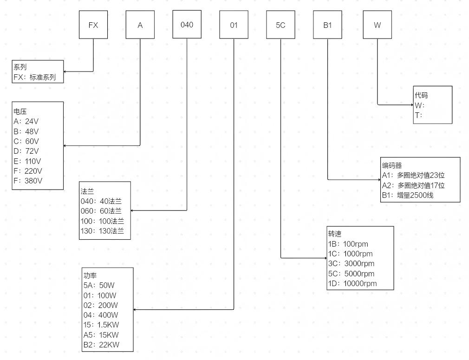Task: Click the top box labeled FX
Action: (93, 25)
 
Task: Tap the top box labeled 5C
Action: (280, 25)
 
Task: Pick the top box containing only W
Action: (377, 25)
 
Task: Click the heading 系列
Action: (20, 67)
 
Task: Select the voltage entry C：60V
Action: (26, 141)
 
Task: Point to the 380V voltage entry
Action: (28, 181)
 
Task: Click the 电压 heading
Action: (20, 111)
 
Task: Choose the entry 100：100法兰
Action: (102, 221)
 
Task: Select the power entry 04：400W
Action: (101, 315)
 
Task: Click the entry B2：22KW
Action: (101, 345)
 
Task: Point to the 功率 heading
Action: (90, 275)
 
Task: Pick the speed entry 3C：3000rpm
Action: (351, 264)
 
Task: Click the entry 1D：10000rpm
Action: (352, 283)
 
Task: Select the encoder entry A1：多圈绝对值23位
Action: (413, 175)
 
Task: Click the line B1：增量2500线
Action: (408, 196)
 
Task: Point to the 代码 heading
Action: (421, 95)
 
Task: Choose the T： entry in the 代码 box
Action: (419, 115)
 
